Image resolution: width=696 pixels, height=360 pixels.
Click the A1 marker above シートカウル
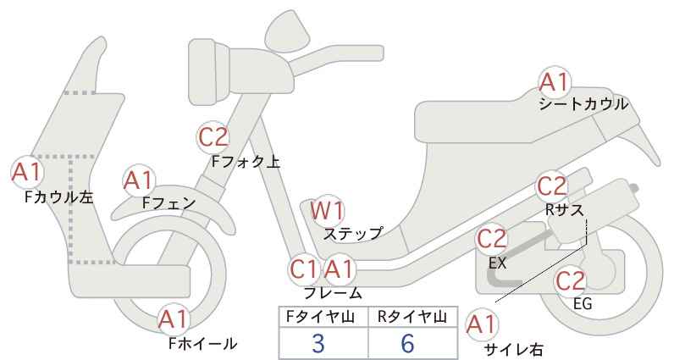[555, 82]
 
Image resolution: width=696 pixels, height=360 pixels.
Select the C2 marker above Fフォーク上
[213, 137]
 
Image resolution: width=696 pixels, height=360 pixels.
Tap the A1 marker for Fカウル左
[26, 172]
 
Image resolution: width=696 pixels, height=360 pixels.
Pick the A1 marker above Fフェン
[139, 181]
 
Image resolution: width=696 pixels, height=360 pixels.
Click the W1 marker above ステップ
[328, 210]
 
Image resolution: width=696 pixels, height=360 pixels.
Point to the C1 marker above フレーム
[304, 269]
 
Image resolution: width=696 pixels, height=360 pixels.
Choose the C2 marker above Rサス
[552, 186]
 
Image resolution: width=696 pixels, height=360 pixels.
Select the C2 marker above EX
[491, 239]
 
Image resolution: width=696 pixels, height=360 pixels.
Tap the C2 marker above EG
[571, 281]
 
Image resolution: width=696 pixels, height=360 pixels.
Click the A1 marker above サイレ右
[482, 325]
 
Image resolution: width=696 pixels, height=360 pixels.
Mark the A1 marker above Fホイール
[174, 319]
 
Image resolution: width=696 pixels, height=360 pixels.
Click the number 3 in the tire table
[318, 343]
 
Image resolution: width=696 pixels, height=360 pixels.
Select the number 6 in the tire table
[407, 343]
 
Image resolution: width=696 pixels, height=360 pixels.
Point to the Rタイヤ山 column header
[412, 317]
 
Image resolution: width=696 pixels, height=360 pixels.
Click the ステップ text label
[353, 234]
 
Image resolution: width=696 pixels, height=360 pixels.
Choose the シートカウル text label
[583, 104]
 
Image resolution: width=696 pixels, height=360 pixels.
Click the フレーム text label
[333, 293]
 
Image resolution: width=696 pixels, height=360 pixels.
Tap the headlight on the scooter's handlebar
[209, 71]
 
